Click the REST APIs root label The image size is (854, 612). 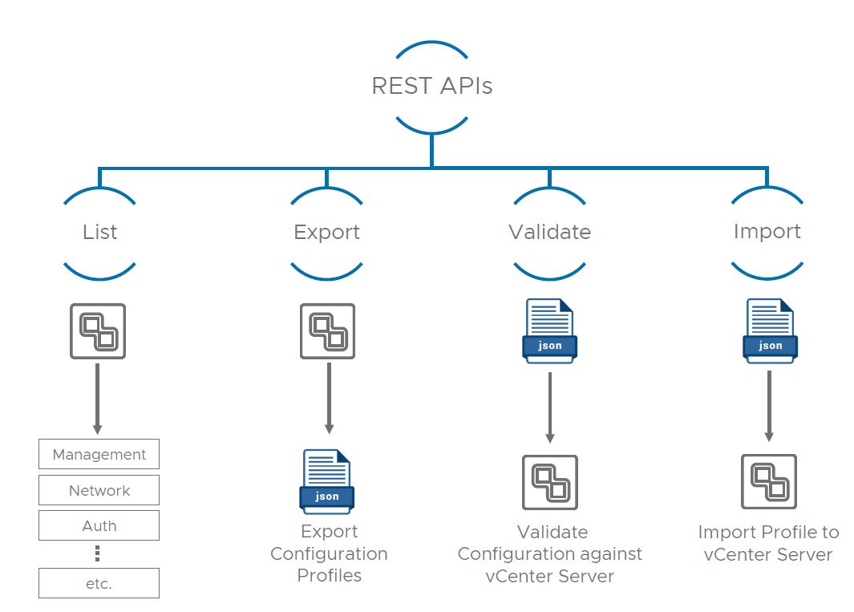tap(431, 86)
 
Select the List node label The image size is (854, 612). tap(99, 232)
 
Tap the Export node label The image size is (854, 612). tap(326, 232)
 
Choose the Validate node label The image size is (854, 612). tap(549, 232)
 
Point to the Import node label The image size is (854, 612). tap(767, 231)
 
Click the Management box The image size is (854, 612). tap(99, 454)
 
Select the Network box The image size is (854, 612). tap(99, 490)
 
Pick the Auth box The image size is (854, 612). tap(99, 525)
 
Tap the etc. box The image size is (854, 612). tap(99, 583)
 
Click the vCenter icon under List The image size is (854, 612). tap(98, 331)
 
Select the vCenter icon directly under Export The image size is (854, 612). tap(327, 331)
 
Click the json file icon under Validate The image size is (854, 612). tap(549, 330)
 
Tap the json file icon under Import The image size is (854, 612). tap(770, 330)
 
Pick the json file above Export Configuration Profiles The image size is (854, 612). tap(326, 480)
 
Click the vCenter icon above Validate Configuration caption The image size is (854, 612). tap(550, 483)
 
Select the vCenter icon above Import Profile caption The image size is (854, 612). tap(769, 482)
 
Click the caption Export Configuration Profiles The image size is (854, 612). tap(329, 553)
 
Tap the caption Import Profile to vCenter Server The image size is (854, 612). tap(768, 543)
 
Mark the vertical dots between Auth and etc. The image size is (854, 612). tap(98, 553)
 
